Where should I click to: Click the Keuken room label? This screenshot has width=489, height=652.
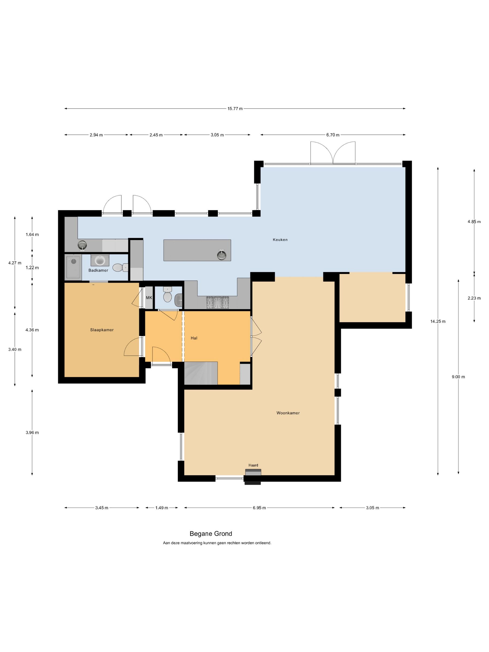(280, 240)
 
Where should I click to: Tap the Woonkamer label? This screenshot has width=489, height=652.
(288, 413)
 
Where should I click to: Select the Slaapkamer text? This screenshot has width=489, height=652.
(102, 330)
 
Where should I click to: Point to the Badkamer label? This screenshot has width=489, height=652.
(98, 270)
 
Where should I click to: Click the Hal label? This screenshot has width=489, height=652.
(194, 338)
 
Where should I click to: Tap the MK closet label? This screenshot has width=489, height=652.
(149, 298)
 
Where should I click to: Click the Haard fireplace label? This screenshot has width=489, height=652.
(253, 465)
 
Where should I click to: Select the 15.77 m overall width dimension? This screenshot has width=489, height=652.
(235, 109)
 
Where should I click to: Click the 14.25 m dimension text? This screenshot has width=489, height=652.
(438, 321)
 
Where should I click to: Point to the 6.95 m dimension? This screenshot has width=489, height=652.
(259, 508)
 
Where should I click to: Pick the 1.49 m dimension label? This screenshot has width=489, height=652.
(162, 508)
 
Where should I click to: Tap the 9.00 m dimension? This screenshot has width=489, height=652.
(458, 377)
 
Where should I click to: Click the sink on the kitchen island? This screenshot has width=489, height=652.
(222, 255)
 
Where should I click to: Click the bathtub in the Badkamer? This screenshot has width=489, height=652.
(73, 267)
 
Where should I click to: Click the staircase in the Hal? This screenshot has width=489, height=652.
(201, 373)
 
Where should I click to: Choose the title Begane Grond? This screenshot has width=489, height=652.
(211, 534)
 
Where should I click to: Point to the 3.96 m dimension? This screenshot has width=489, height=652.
(32, 433)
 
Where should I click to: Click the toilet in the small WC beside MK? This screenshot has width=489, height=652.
(167, 295)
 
